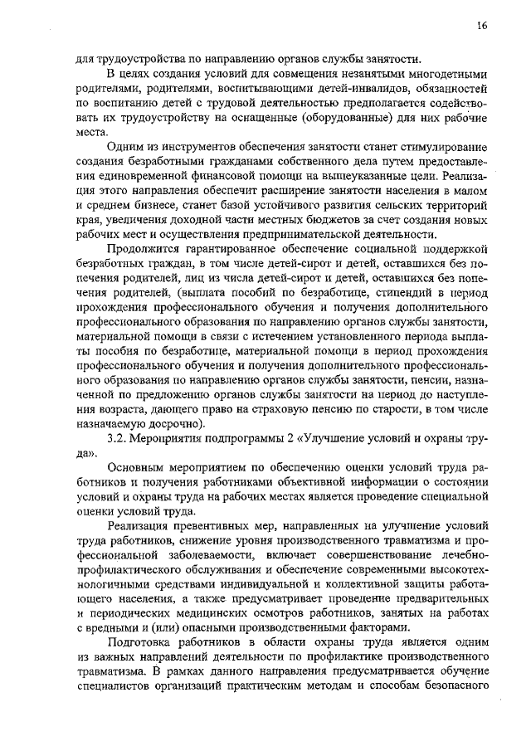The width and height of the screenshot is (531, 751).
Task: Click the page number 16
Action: [x=482, y=26]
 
